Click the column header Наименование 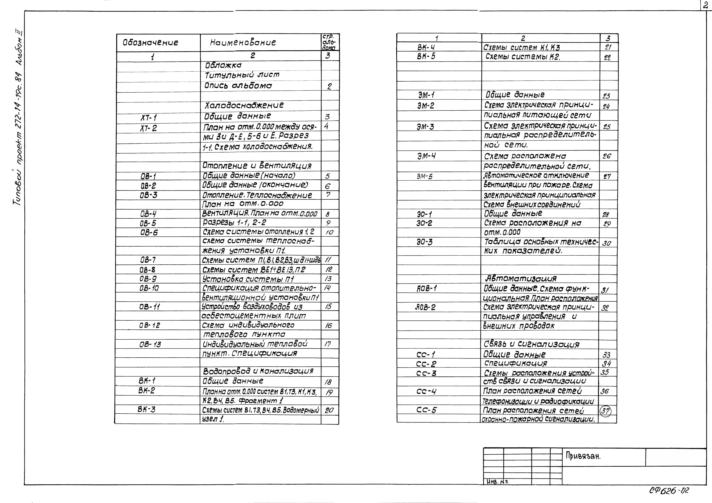[243, 43]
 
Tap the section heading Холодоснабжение [244, 105]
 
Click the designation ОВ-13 [150, 344]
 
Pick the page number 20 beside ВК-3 [329, 410]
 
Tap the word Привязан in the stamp [583, 456]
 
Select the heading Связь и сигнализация [531, 344]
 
